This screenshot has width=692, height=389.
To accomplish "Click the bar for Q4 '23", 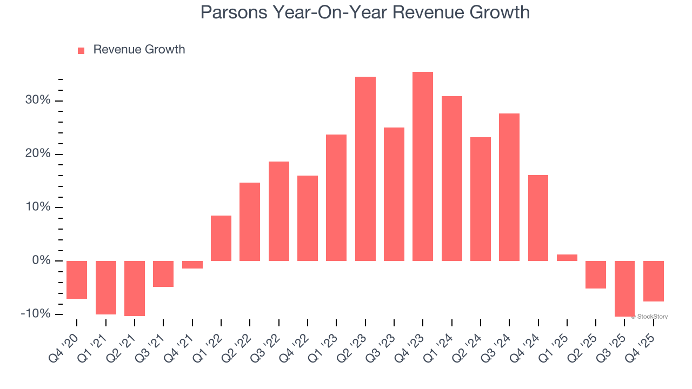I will click(423, 166).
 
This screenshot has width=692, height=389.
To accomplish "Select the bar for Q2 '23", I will click(365, 169).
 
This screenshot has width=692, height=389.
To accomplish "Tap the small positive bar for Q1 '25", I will click(567, 258).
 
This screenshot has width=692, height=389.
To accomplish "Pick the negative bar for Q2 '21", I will click(135, 288).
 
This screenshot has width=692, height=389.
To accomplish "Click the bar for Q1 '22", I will click(221, 238).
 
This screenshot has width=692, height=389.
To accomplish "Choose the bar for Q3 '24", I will click(509, 187).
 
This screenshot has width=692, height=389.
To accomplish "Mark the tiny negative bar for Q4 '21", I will click(192, 265).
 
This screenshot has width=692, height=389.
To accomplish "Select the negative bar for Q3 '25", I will click(625, 289).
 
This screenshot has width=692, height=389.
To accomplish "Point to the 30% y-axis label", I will click(37, 101).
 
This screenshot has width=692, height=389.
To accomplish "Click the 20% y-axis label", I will click(37, 154).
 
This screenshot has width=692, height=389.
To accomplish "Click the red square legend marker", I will click(81, 50).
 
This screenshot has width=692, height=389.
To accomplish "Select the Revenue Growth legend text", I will click(139, 50).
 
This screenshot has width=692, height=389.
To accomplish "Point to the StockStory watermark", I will click(651, 317).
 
